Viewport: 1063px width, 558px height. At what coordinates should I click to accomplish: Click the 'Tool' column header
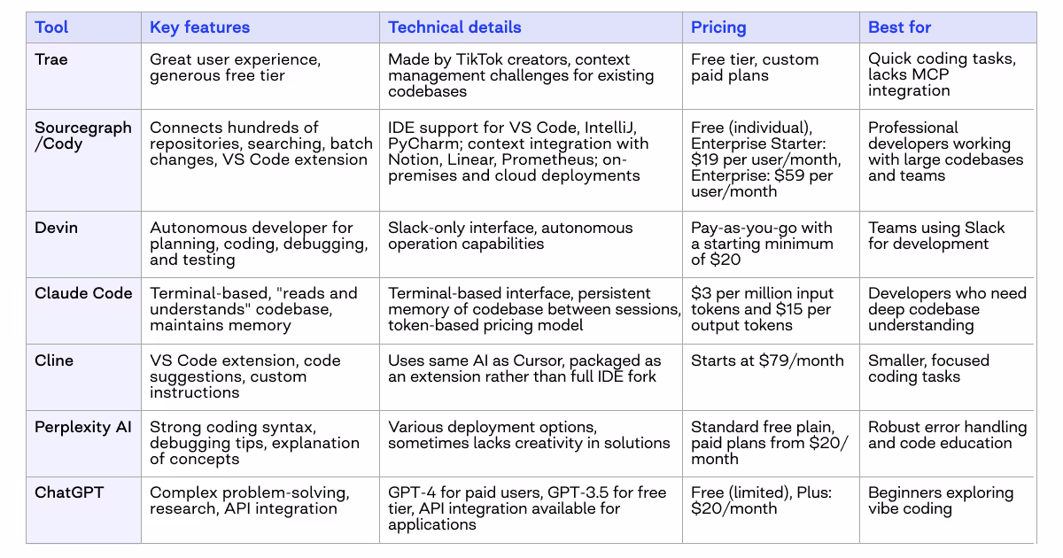51,27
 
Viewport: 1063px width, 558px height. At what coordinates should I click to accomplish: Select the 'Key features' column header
199,27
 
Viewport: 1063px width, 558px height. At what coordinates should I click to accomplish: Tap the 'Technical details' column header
454,27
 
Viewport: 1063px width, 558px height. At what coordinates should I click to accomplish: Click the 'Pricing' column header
718,27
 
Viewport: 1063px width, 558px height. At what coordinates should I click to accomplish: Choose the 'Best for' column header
899,27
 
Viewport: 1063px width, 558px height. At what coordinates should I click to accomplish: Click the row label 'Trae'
51,60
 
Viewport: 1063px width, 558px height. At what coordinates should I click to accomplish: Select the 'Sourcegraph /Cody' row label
82,136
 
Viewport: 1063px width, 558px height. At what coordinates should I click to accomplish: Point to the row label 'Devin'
56,228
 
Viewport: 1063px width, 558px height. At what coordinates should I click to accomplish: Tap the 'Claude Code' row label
83,293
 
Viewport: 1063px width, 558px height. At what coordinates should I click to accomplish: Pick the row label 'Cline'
54,360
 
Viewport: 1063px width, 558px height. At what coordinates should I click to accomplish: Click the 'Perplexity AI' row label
82,427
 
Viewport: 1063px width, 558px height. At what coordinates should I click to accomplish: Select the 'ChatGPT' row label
69,492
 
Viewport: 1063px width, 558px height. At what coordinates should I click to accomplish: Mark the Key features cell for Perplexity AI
254,443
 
